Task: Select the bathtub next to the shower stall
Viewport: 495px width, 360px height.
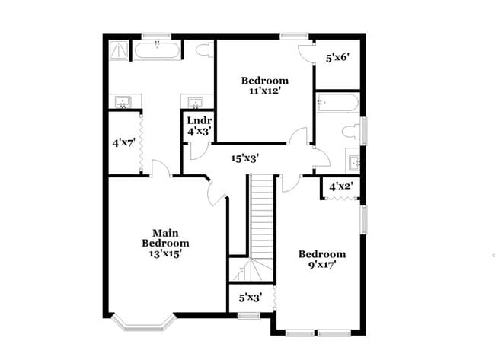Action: [158, 52]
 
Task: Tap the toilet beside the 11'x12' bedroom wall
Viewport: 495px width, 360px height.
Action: [204, 51]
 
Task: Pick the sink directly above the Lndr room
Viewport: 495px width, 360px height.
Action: [196, 102]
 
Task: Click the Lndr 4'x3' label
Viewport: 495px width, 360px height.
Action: [200, 126]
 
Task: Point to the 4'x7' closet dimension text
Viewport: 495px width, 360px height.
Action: [123, 142]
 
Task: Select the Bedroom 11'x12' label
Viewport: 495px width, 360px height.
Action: [264, 85]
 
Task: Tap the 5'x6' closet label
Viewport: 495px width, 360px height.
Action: [337, 57]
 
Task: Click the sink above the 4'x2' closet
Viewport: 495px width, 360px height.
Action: [354, 161]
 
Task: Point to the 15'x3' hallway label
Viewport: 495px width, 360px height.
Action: [246, 158]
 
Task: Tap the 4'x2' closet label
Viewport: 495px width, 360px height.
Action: [340, 186]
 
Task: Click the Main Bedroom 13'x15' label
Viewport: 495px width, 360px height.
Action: [165, 243]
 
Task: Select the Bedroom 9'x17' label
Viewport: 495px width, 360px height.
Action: [321, 260]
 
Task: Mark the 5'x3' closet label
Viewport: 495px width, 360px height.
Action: [250, 298]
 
